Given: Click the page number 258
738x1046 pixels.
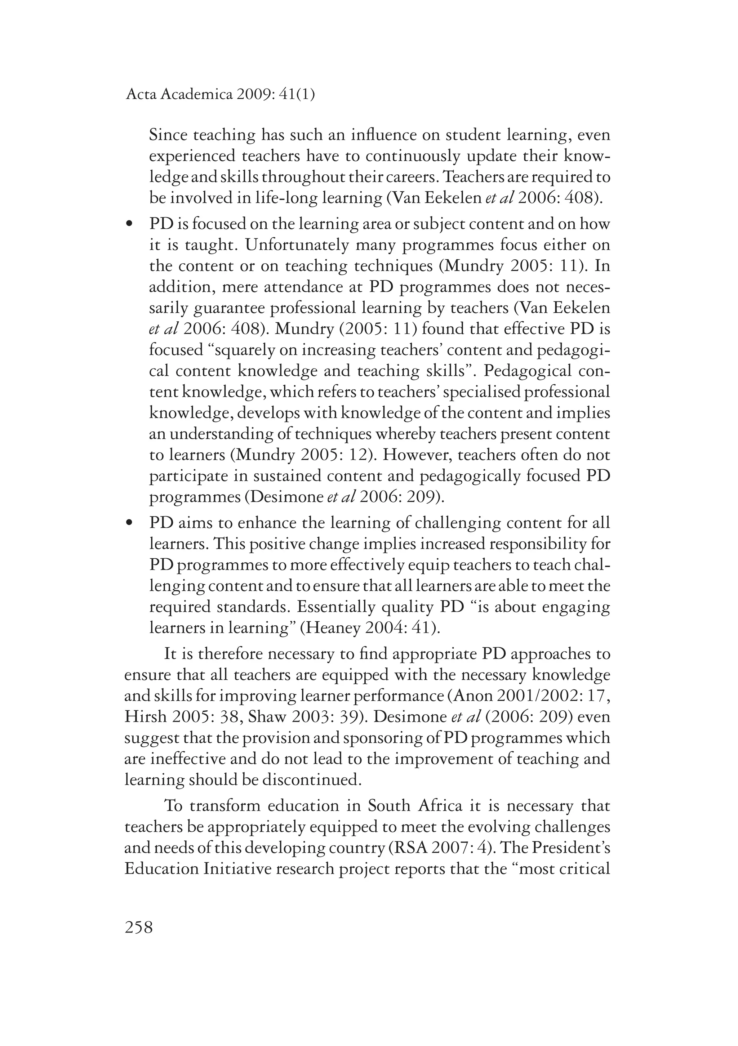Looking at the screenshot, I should tap(139, 927).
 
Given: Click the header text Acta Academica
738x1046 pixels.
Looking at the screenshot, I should tap(179, 94).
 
